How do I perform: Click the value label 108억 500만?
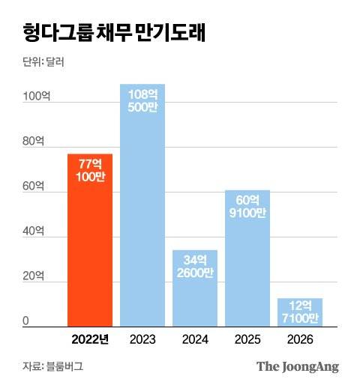click(142, 101)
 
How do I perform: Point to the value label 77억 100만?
click(90, 170)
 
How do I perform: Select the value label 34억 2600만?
click(195, 266)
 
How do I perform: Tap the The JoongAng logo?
click(298, 367)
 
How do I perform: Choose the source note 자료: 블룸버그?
click(52, 367)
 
